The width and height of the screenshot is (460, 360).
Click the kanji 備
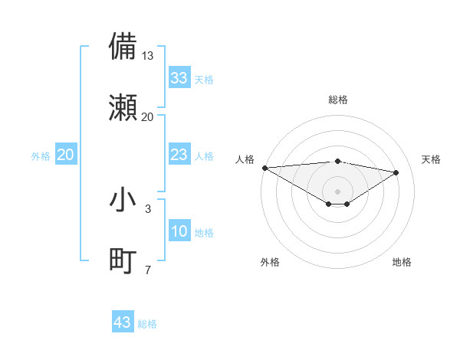pyautogui.click(x=123, y=46)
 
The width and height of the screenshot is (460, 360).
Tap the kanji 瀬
pyautogui.click(x=123, y=107)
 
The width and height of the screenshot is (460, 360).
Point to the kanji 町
pyautogui.click(x=123, y=260)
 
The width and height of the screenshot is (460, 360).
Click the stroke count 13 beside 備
pyautogui.click(x=147, y=56)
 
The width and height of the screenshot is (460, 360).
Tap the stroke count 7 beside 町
pyautogui.click(x=147, y=270)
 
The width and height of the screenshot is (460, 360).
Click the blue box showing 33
pyautogui.click(x=179, y=78)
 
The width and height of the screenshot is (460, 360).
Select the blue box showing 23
pyautogui.click(x=179, y=155)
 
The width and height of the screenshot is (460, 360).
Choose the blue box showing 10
pyautogui.click(x=179, y=231)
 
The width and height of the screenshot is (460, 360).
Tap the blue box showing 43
pyautogui.click(x=123, y=322)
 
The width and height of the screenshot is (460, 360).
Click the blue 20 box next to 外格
pyautogui.click(x=66, y=155)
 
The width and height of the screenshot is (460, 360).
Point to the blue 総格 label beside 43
pyautogui.click(x=147, y=324)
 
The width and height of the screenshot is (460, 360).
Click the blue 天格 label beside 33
pyautogui.click(x=204, y=80)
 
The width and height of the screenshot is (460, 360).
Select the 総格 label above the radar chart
pyautogui.click(x=337, y=100)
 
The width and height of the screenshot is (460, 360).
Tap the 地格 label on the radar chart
pyautogui.click(x=402, y=262)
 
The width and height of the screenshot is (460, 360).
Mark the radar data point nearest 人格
pyautogui.click(x=264, y=168)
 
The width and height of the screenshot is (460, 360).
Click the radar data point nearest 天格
pyautogui.click(x=396, y=172)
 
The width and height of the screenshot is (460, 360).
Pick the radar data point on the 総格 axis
pyautogui.click(x=337, y=161)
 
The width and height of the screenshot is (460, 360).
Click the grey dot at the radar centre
pyautogui.click(x=337, y=190)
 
